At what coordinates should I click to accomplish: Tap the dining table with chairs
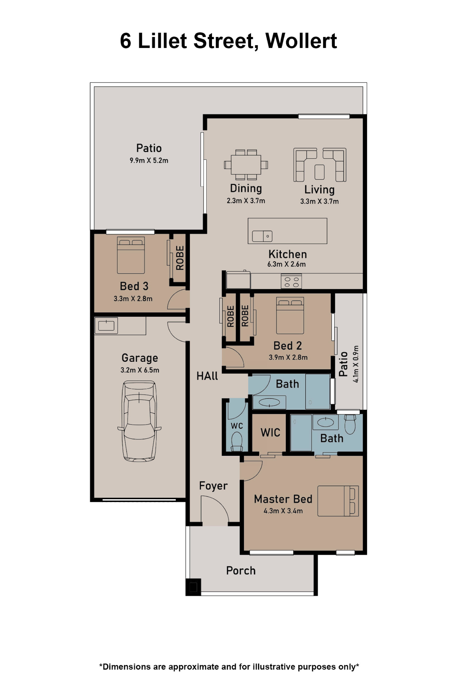tap(246, 165)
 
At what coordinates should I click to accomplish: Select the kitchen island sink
tap(262, 236)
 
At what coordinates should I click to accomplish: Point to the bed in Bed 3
tap(131, 255)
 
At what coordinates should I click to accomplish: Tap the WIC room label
tap(270, 433)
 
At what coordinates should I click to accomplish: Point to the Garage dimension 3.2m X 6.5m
tap(140, 370)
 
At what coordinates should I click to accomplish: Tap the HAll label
tap(207, 376)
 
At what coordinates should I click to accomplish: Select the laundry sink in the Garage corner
tap(106, 325)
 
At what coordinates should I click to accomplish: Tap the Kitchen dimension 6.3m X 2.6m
tap(287, 264)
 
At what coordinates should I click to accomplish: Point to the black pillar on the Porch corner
tap(193, 587)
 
